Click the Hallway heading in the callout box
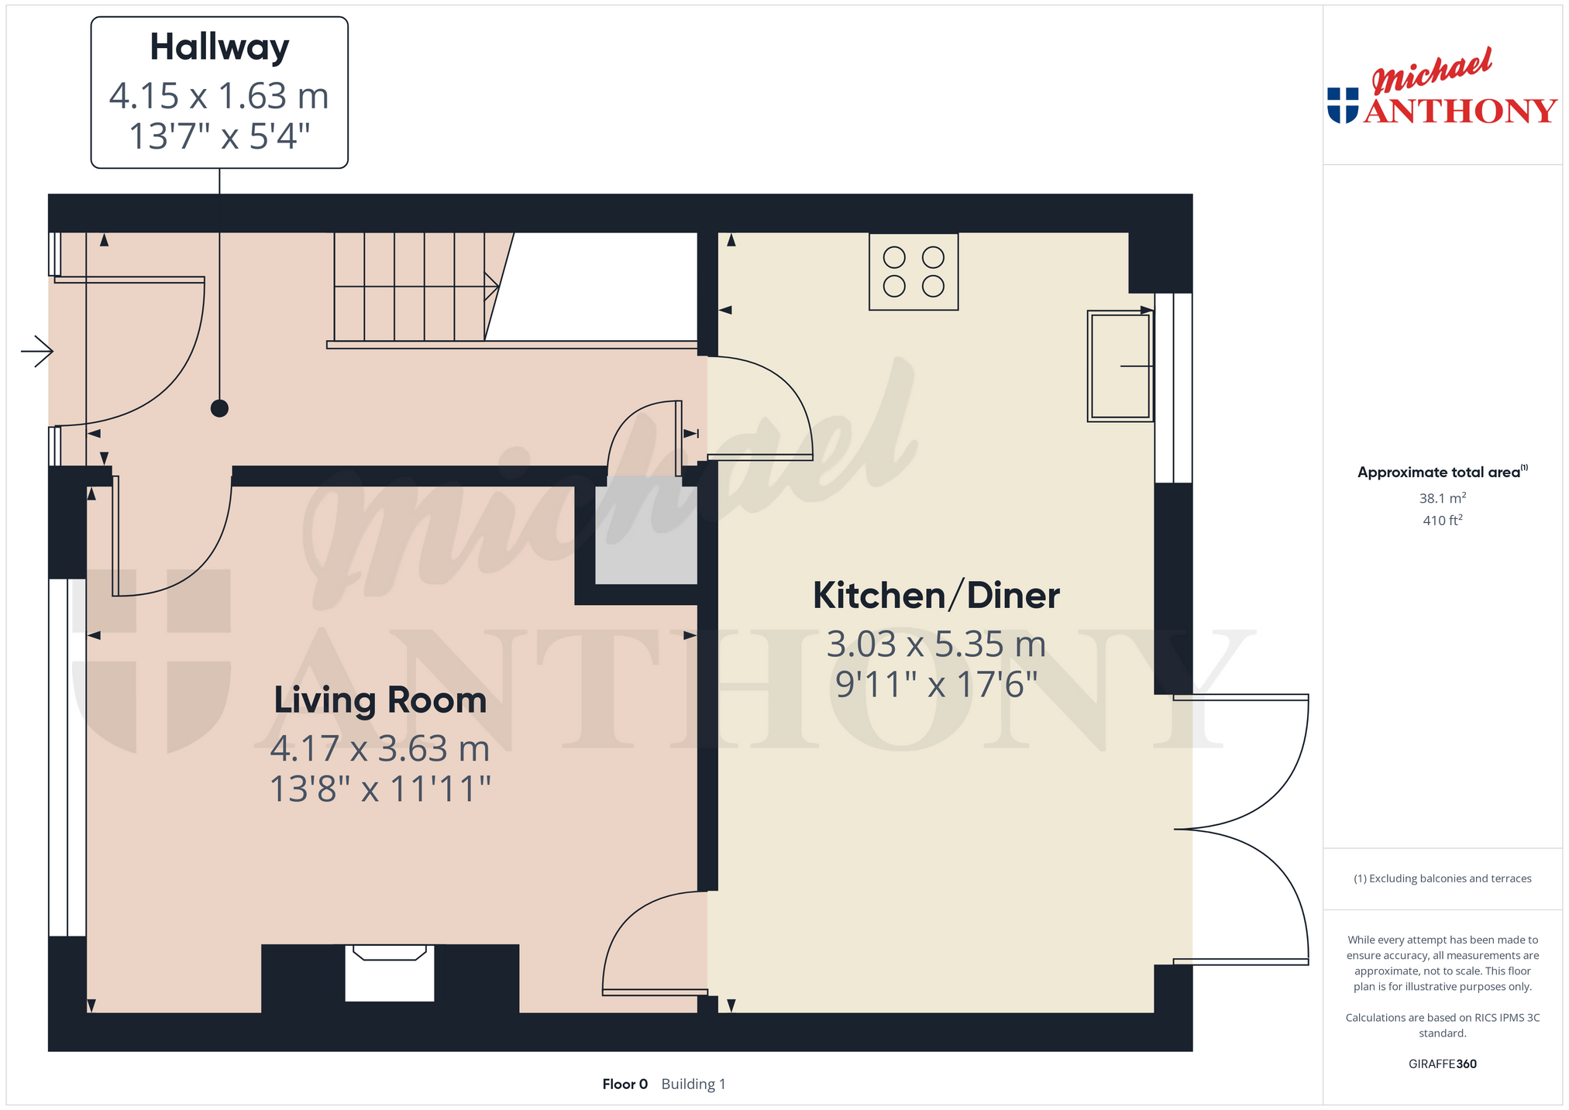[219, 48]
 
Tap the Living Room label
[380, 700]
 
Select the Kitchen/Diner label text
[936, 596]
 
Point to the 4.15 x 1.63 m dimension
[219, 96]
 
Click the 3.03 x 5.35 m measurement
[936, 644]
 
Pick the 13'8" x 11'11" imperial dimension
[380, 789]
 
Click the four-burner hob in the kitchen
[914, 272]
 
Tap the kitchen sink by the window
[1120, 366]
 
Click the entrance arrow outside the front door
[36, 352]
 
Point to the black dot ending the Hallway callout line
[219, 408]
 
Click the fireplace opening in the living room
[390, 973]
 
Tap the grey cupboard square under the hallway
[646, 530]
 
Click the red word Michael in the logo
[1432, 71]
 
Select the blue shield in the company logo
[1343, 105]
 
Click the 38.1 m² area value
[1442, 498]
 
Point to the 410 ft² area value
[1442, 521]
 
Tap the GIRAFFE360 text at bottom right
[1442, 1064]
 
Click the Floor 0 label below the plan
[625, 1084]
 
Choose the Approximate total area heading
[1442, 472]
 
